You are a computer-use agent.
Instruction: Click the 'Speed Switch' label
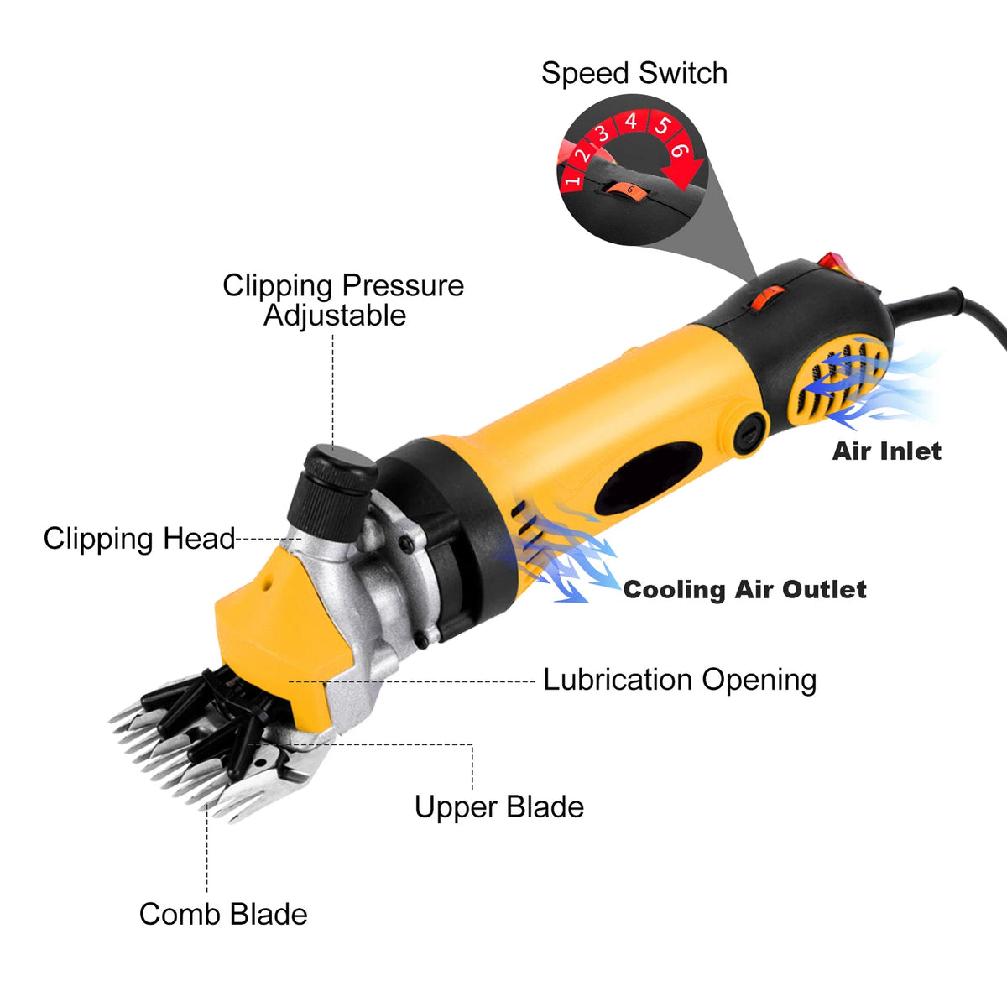[634, 73]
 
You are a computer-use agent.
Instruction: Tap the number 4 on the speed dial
[631, 122]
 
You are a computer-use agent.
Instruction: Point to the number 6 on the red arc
[678, 150]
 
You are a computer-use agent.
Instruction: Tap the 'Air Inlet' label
[887, 451]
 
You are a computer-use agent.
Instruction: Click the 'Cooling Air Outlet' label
[745, 589]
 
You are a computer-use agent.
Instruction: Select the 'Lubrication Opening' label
[680, 681]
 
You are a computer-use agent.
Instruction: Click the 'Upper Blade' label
[499, 806]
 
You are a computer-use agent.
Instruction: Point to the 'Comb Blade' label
[223, 914]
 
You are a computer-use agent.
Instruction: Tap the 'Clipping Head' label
[139, 538]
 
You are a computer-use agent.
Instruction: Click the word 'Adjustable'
[335, 316]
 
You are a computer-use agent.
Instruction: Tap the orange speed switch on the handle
[767, 297]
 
